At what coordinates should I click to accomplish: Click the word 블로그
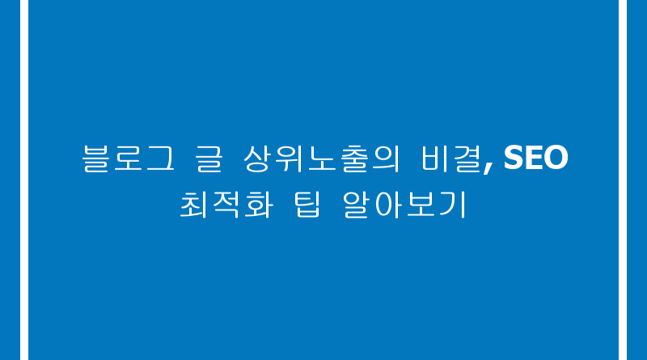pos(129,158)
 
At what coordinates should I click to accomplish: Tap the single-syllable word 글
pos(209,158)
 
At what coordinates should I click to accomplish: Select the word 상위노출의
pos(321,158)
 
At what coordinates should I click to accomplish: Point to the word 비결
pos(451,158)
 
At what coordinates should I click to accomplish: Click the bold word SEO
pos(536,157)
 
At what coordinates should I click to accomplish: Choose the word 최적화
pos(226,205)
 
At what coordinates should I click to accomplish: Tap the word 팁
pos(307,205)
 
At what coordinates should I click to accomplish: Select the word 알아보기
pos(404,205)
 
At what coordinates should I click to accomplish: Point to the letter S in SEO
pos(514,157)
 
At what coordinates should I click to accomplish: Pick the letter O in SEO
pos(556,157)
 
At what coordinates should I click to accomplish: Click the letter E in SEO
pos(533,157)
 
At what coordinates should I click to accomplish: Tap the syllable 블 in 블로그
pos(96,158)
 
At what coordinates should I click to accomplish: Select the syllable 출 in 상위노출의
pos(353,158)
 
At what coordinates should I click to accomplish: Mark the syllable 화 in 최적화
pos(259,205)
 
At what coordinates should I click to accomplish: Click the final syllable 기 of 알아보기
pos(453,205)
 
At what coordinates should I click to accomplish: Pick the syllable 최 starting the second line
pos(194,205)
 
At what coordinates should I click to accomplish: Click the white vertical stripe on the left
pos(24,180)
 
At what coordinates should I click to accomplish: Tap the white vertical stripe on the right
pos(623,180)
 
